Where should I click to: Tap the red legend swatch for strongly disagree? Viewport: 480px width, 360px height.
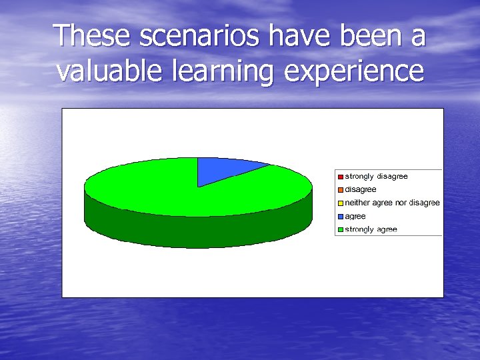[x=340, y=177]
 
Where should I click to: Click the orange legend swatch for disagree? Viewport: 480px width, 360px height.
[x=340, y=190]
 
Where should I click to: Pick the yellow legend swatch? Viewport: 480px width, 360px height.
[x=340, y=203]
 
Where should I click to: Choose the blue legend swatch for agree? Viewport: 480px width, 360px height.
[x=340, y=217]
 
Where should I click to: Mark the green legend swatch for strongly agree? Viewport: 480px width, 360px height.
[x=340, y=230]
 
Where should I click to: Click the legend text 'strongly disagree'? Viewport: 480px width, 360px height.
[x=376, y=177]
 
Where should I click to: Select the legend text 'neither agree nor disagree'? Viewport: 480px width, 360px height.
[x=392, y=203]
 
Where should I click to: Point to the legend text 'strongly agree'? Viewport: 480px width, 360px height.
[x=371, y=229]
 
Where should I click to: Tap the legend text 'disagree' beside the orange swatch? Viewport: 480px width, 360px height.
[x=360, y=190]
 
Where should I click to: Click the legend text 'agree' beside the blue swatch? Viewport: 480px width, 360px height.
[x=355, y=217]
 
